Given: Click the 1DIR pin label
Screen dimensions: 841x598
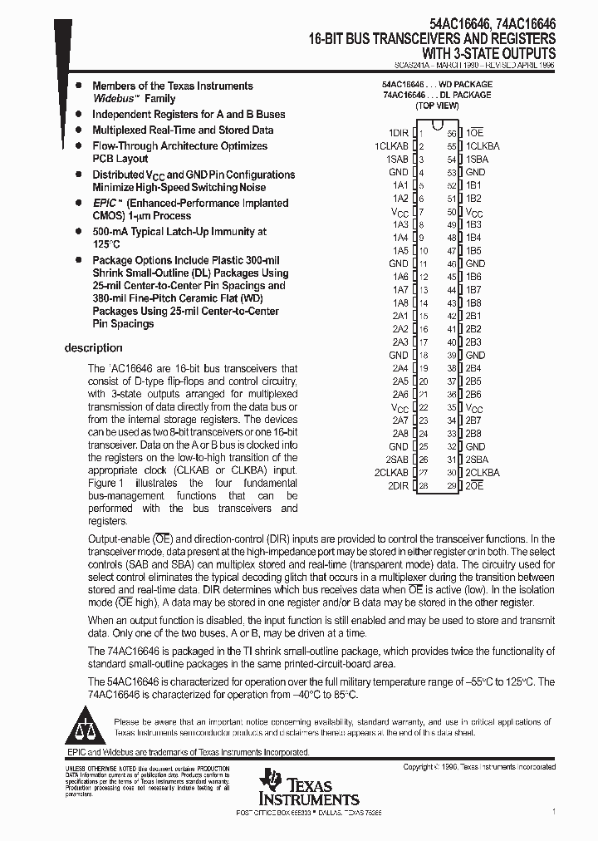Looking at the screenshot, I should [x=398, y=133].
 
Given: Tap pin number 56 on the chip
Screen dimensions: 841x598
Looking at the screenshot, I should [x=452, y=133].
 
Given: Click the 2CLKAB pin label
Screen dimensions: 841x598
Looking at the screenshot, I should [x=392, y=472].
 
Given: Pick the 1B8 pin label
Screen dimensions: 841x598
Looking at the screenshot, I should [x=473, y=303].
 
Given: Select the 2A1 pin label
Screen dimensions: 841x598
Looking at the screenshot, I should [x=400, y=317].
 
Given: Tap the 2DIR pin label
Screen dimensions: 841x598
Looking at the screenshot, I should [x=398, y=485].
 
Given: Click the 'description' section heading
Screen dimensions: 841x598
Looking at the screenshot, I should [x=93, y=348].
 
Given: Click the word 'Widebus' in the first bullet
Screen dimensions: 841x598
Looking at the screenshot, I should [x=112, y=99].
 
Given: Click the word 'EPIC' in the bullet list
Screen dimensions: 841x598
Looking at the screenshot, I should [x=105, y=203].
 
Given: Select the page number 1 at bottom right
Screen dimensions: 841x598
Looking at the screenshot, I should [x=554, y=810].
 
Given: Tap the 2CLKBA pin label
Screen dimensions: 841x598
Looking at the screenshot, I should [x=482, y=472].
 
